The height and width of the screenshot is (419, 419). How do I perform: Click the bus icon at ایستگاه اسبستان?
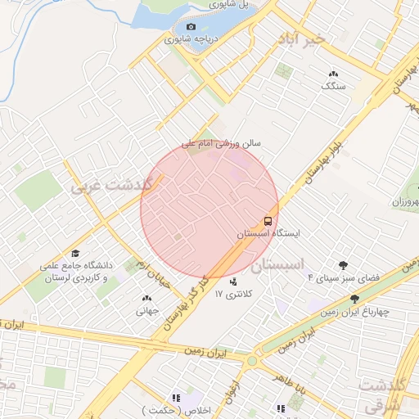click(x=268, y=221)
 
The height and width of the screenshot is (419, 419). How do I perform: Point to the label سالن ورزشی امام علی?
click(x=221, y=142)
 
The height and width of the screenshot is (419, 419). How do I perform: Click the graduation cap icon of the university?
click(x=76, y=254)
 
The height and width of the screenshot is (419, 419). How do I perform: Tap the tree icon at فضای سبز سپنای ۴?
click(x=342, y=264)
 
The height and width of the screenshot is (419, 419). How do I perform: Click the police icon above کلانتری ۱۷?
click(x=233, y=282)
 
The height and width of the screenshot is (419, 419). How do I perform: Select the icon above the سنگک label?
click(x=333, y=74)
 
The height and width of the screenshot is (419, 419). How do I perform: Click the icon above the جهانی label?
click(x=146, y=299)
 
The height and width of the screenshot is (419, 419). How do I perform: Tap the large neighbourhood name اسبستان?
click(x=284, y=264)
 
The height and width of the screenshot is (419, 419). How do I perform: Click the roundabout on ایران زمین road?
click(x=252, y=360)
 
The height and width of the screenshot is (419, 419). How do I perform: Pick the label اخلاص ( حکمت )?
click(x=188, y=409)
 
